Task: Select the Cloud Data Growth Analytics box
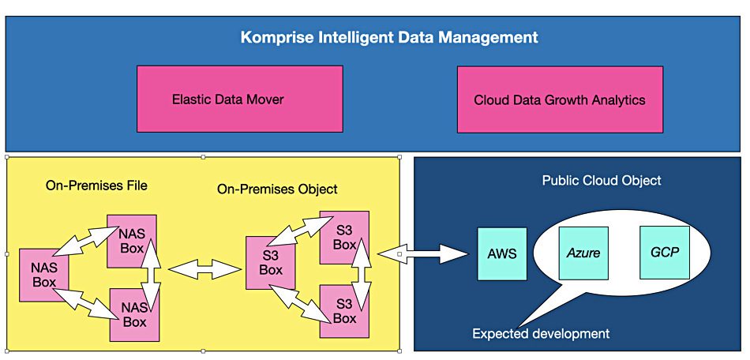pos(559,99)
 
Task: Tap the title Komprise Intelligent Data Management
pos(389,37)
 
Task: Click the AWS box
pos(501,253)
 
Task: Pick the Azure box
pos(583,253)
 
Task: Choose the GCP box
pos(664,253)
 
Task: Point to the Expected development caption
pos(541,333)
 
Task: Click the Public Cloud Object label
pos(602,181)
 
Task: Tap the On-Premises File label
pos(96,186)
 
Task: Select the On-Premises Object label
pos(277,189)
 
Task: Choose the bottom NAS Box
pos(134,315)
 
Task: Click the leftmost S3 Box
pos(270,263)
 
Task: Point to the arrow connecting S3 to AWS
pos(422,254)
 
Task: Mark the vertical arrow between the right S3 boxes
pos(364,276)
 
